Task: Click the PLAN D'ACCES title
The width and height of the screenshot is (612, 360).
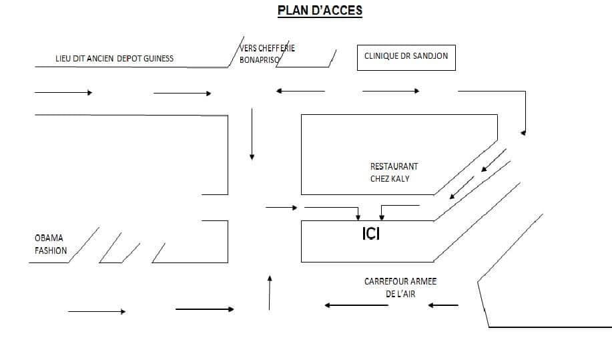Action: (x=320, y=11)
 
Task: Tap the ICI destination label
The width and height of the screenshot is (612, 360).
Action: (x=371, y=234)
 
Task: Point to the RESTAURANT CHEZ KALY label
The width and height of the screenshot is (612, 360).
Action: (x=394, y=172)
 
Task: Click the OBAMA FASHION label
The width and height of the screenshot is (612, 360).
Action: (x=51, y=244)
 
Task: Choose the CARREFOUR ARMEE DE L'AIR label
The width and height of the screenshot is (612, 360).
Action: (x=400, y=287)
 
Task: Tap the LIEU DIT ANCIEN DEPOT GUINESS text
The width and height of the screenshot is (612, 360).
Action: (x=114, y=59)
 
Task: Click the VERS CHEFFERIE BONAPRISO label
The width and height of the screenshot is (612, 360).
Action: (x=268, y=54)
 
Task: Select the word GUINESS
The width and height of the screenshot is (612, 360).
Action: (x=158, y=59)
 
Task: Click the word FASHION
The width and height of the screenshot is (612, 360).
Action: (x=51, y=250)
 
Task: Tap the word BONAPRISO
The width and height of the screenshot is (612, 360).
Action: (x=260, y=60)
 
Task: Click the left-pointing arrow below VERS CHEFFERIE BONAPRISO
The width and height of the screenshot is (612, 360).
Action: (x=300, y=91)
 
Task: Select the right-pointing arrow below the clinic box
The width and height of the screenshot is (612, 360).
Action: (x=390, y=91)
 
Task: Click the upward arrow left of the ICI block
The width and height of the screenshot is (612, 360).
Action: (x=270, y=293)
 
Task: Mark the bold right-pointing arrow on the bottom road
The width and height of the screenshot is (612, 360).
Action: (x=204, y=309)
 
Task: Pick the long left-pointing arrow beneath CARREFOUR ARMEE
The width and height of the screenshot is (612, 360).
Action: (x=356, y=305)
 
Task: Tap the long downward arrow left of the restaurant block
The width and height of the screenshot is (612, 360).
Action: (x=252, y=134)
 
